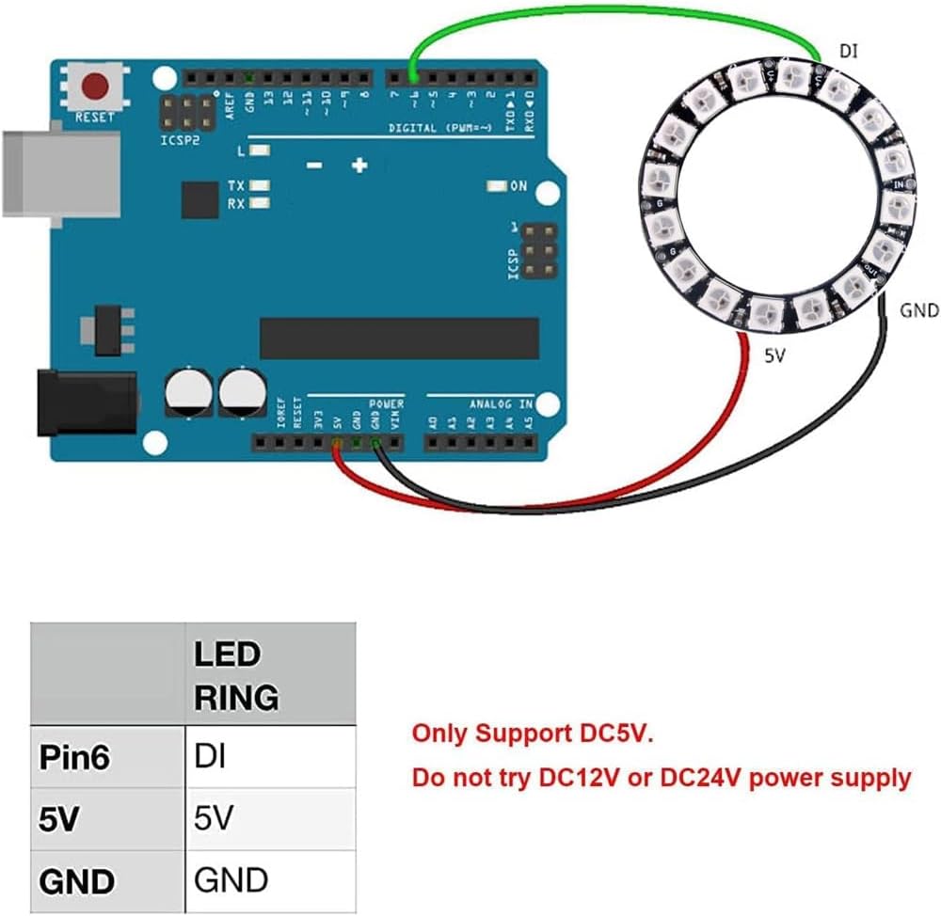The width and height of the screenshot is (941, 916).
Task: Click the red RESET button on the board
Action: coord(94,87)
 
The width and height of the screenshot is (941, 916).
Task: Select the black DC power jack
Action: coord(85,403)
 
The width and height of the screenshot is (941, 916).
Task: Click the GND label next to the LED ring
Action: coord(918,309)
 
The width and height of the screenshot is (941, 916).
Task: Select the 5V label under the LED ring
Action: coord(774,357)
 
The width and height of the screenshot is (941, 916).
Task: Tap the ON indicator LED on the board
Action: coord(494,186)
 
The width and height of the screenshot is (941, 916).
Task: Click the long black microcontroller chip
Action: coord(399,339)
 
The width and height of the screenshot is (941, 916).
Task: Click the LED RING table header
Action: coord(236,675)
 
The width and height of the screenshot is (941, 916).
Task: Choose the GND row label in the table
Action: coord(77,881)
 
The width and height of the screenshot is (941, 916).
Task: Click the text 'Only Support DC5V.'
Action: coord(532,734)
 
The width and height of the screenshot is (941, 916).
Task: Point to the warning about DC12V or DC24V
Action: coord(662,778)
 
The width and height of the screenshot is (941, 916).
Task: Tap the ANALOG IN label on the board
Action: coord(501,403)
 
